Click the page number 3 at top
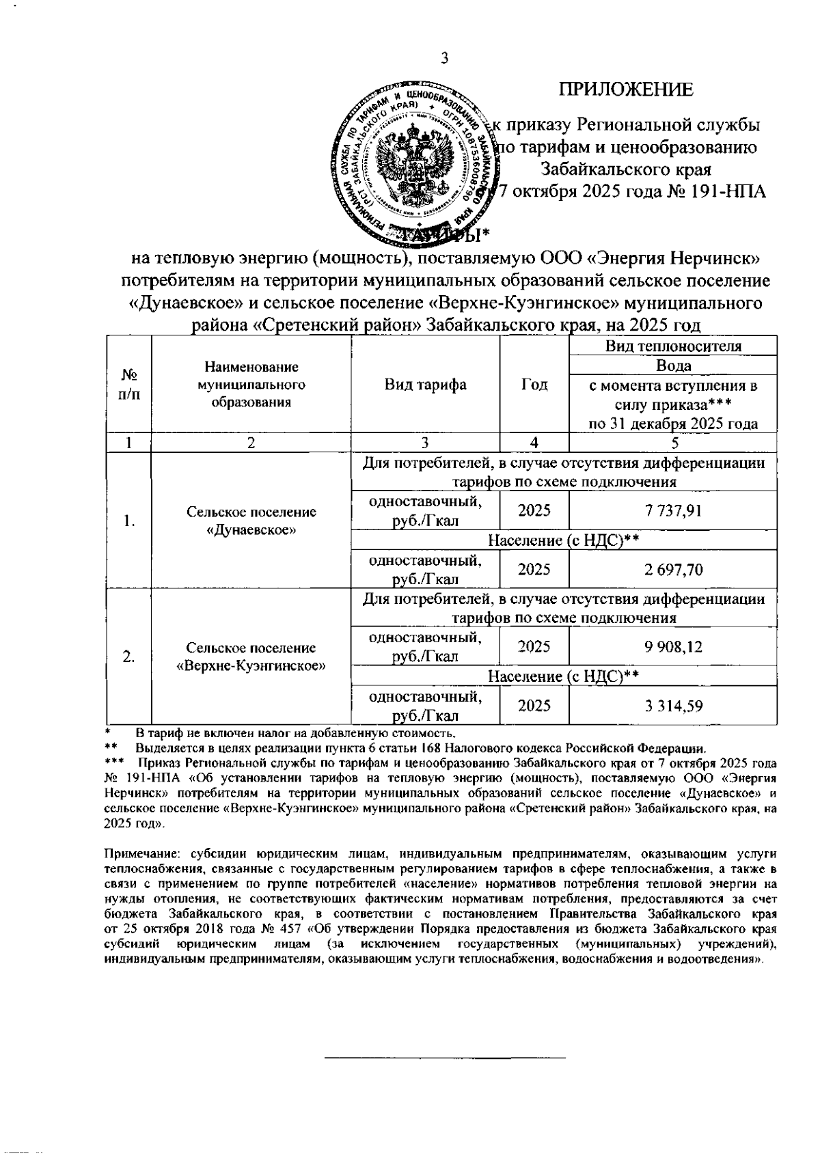[x=444, y=59]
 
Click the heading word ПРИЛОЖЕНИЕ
[x=626, y=89]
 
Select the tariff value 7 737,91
[x=672, y=510]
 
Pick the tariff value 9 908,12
[x=672, y=646]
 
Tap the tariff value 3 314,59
[x=672, y=706]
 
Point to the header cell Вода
[x=672, y=366]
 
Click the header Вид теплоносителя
[x=672, y=346]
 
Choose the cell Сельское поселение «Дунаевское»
[x=251, y=521]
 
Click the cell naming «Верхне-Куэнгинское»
[x=251, y=665]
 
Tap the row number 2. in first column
[x=128, y=657]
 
